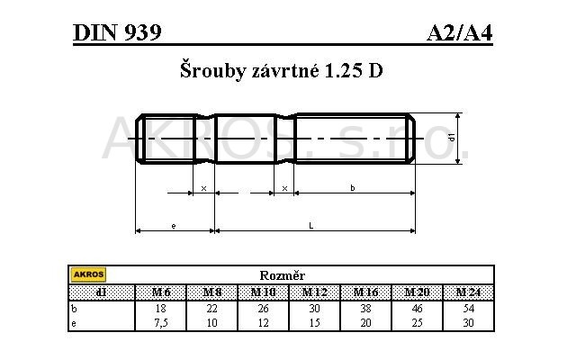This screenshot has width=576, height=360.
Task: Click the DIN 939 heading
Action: (x=118, y=33)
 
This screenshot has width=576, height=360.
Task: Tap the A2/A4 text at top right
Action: (x=459, y=33)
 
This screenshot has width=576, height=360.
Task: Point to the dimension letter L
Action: (x=310, y=226)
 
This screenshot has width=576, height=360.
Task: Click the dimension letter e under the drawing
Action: (x=173, y=226)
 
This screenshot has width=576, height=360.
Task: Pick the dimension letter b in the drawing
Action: (x=353, y=187)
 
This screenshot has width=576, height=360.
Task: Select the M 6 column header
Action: (x=161, y=292)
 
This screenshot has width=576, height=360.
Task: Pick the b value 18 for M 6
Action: (x=161, y=307)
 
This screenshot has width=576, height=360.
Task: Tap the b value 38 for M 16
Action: (x=365, y=307)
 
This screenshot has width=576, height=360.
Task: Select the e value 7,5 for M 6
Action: (x=161, y=321)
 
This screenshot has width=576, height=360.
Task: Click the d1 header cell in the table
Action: (x=101, y=292)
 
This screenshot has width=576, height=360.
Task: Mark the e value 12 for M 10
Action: (x=263, y=321)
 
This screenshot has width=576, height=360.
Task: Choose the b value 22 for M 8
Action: (x=212, y=307)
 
